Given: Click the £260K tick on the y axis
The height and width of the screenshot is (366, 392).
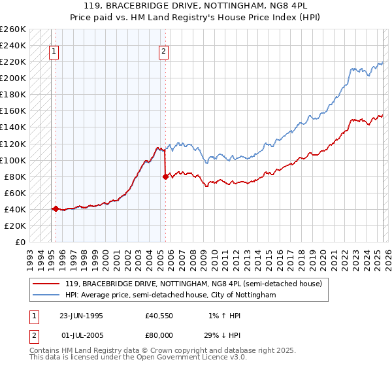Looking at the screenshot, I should click(13, 29).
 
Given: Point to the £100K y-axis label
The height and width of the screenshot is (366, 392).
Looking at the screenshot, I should click(13, 160).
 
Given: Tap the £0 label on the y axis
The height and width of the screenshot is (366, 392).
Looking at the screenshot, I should click(20, 242).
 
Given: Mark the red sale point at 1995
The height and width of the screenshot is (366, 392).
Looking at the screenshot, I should click(56, 209).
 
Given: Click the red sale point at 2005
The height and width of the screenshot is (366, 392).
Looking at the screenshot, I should click(165, 176).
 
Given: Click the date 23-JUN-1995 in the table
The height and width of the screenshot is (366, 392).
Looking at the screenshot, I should click(81, 316).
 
